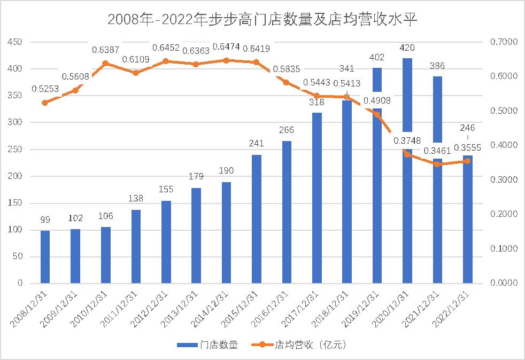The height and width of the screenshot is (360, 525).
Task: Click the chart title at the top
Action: [262, 20]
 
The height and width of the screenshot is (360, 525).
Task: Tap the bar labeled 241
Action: [256, 219]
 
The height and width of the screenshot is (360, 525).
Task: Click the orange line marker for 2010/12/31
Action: [105, 63]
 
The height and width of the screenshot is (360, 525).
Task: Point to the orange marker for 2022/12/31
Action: [467, 161]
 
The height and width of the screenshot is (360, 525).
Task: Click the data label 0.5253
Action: [45, 89]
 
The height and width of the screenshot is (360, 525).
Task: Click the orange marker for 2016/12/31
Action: [286, 82]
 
